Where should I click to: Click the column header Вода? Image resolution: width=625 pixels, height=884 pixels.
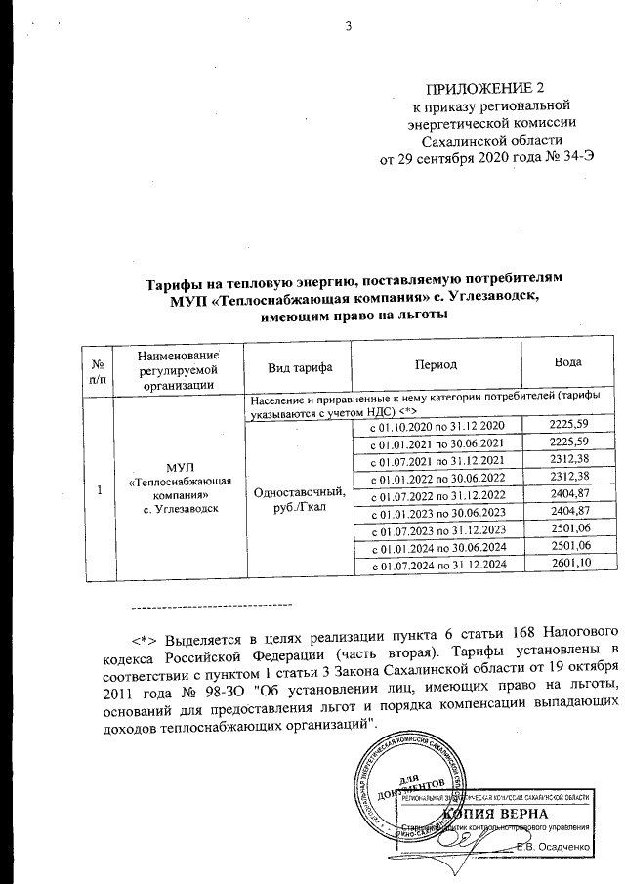(x=568, y=362)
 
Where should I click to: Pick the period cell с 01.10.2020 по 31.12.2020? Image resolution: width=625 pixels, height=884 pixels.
(x=436, y=427)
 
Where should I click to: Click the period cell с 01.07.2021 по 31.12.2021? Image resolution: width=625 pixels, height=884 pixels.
(x=436, y=461)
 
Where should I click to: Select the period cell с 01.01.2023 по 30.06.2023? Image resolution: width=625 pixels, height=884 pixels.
(x=436, y=514)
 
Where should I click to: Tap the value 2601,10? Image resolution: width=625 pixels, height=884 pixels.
(x=571, y=566)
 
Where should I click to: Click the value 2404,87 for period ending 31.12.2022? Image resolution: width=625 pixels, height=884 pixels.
(x=571, y=495)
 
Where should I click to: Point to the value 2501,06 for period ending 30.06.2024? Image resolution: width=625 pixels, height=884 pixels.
(x=571, y=547)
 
